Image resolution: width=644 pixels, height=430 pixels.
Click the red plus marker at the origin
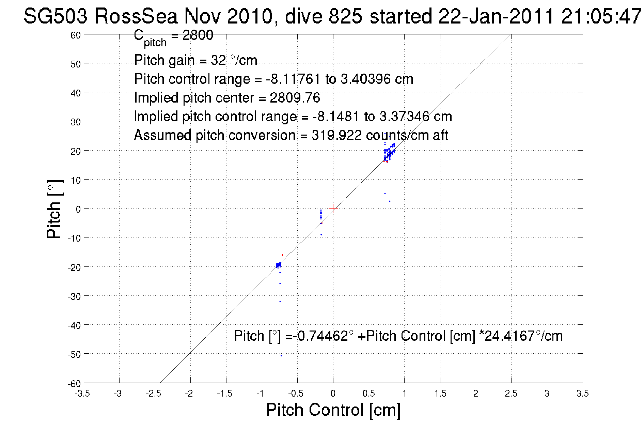pos(333,208)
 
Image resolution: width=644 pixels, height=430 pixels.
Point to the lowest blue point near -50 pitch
pos(281,355)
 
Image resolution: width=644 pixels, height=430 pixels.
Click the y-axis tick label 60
pos(76,35)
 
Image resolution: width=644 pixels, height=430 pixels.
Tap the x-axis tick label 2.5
pos(511,394)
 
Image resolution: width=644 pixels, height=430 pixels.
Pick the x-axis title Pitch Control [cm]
pos(333,410)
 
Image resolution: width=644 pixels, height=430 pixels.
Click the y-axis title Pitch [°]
pos(54,209)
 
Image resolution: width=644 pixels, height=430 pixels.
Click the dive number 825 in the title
pos(345,16)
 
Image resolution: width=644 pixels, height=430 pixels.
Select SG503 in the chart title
pos(55,16)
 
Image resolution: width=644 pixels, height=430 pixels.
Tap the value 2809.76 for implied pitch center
pos(295,98)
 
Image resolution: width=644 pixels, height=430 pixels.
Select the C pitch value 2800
pos(198,35)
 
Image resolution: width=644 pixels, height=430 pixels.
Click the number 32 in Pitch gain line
pos(218,60)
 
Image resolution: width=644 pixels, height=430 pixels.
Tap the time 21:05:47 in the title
pos(601,16)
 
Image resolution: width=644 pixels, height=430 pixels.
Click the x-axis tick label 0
pos(333,394)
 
